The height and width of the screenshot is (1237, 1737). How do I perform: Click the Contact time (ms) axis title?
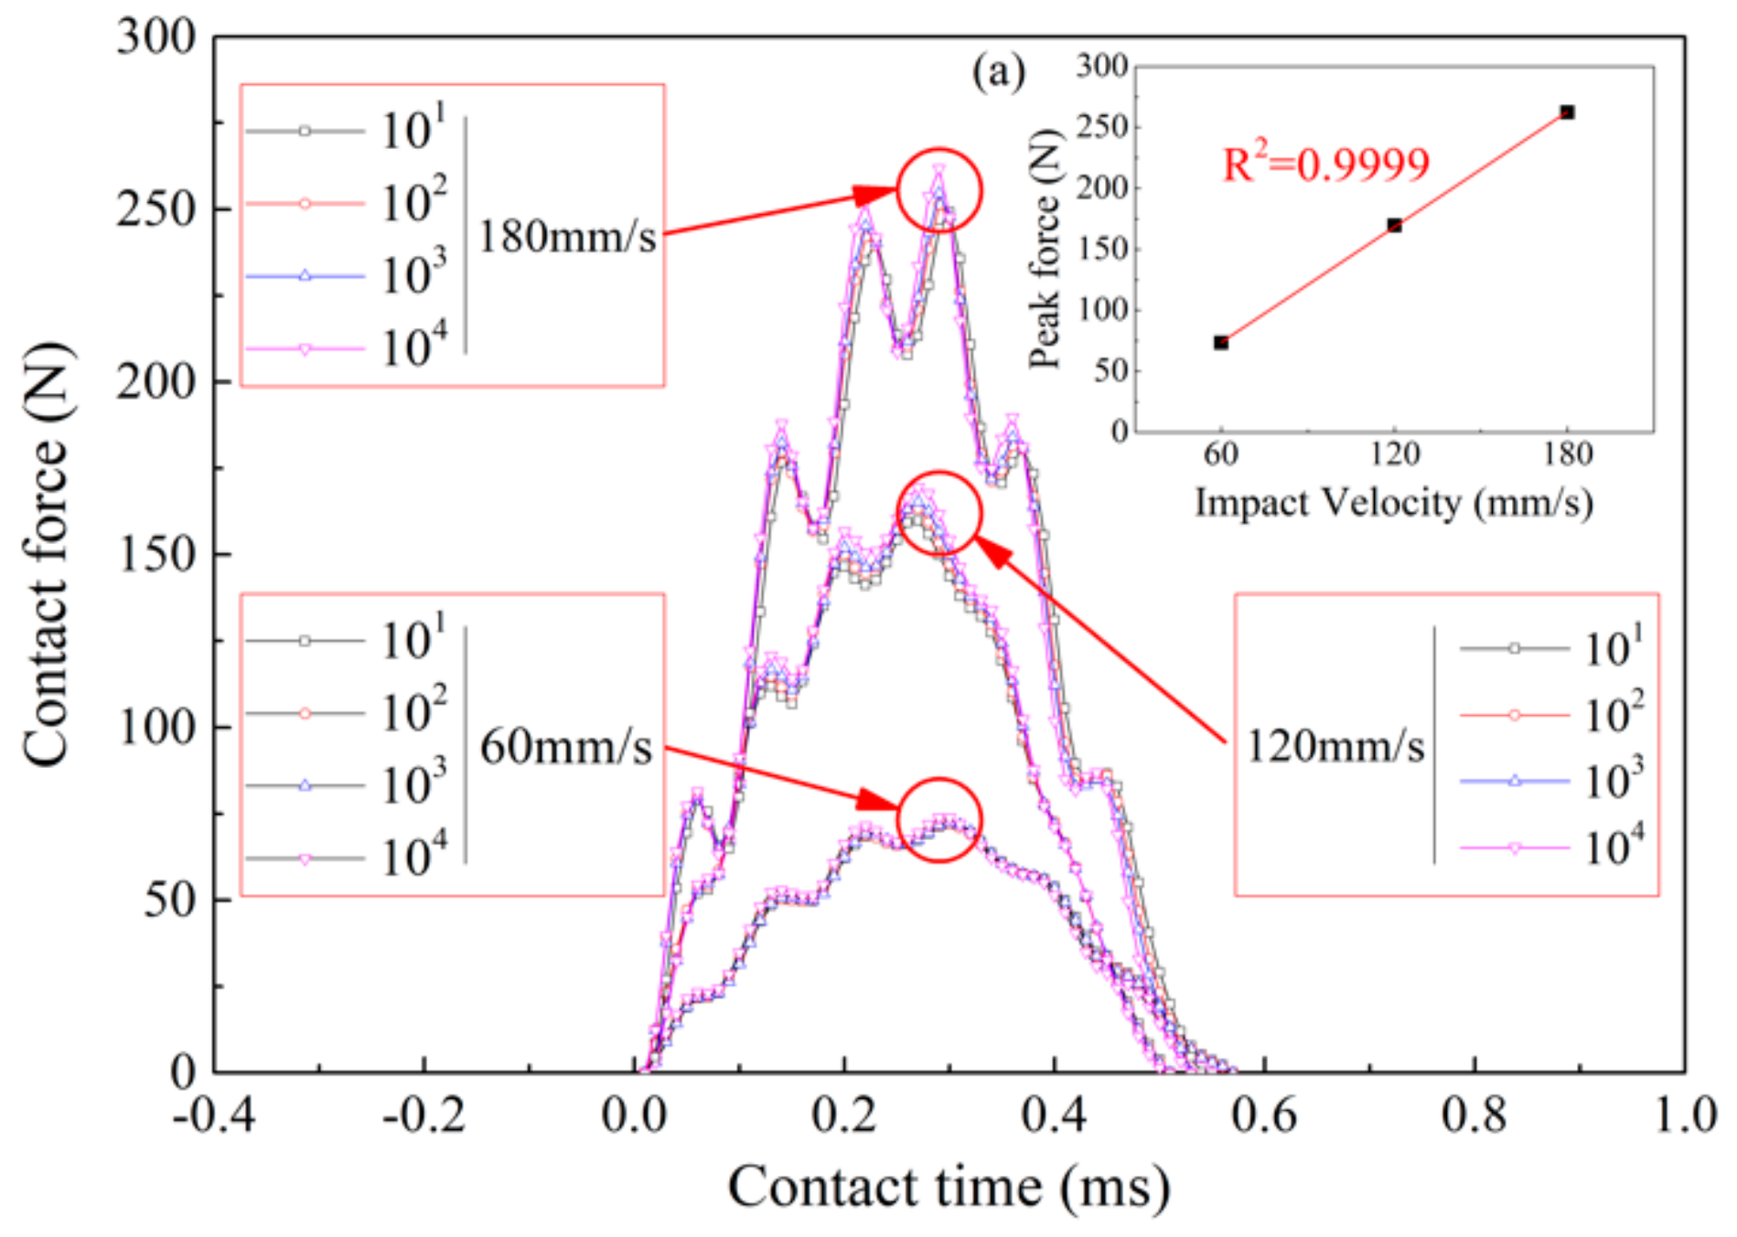pyautogui.click(x=949, y=1188)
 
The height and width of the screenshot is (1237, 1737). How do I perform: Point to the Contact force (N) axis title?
pyautogui.click(x=46, y=554)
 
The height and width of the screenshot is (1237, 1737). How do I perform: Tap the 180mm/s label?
pyautogui.click(x=567, y=237)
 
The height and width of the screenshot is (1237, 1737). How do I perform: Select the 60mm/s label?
pyautogui.click(x=565, y=747)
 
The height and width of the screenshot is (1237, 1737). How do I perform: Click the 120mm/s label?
pyautogui.click(x=1335, y=747)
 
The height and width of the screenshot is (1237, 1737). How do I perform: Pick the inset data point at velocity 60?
pyautogui.click(x=1221, y=343)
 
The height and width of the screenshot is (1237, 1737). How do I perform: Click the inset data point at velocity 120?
pyautogui.click(x=1394, y=225)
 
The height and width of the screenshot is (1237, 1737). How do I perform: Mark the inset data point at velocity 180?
pyautogui.click(x=1567, y=112)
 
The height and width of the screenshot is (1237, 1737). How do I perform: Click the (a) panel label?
pyautogui.click(x=999, y=71)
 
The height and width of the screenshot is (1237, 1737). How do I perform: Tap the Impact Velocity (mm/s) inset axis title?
pyautogui.click(x=1393, y=503)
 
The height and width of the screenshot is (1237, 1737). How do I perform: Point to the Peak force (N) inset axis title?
pyautogui.click(x=1045, y=249)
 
